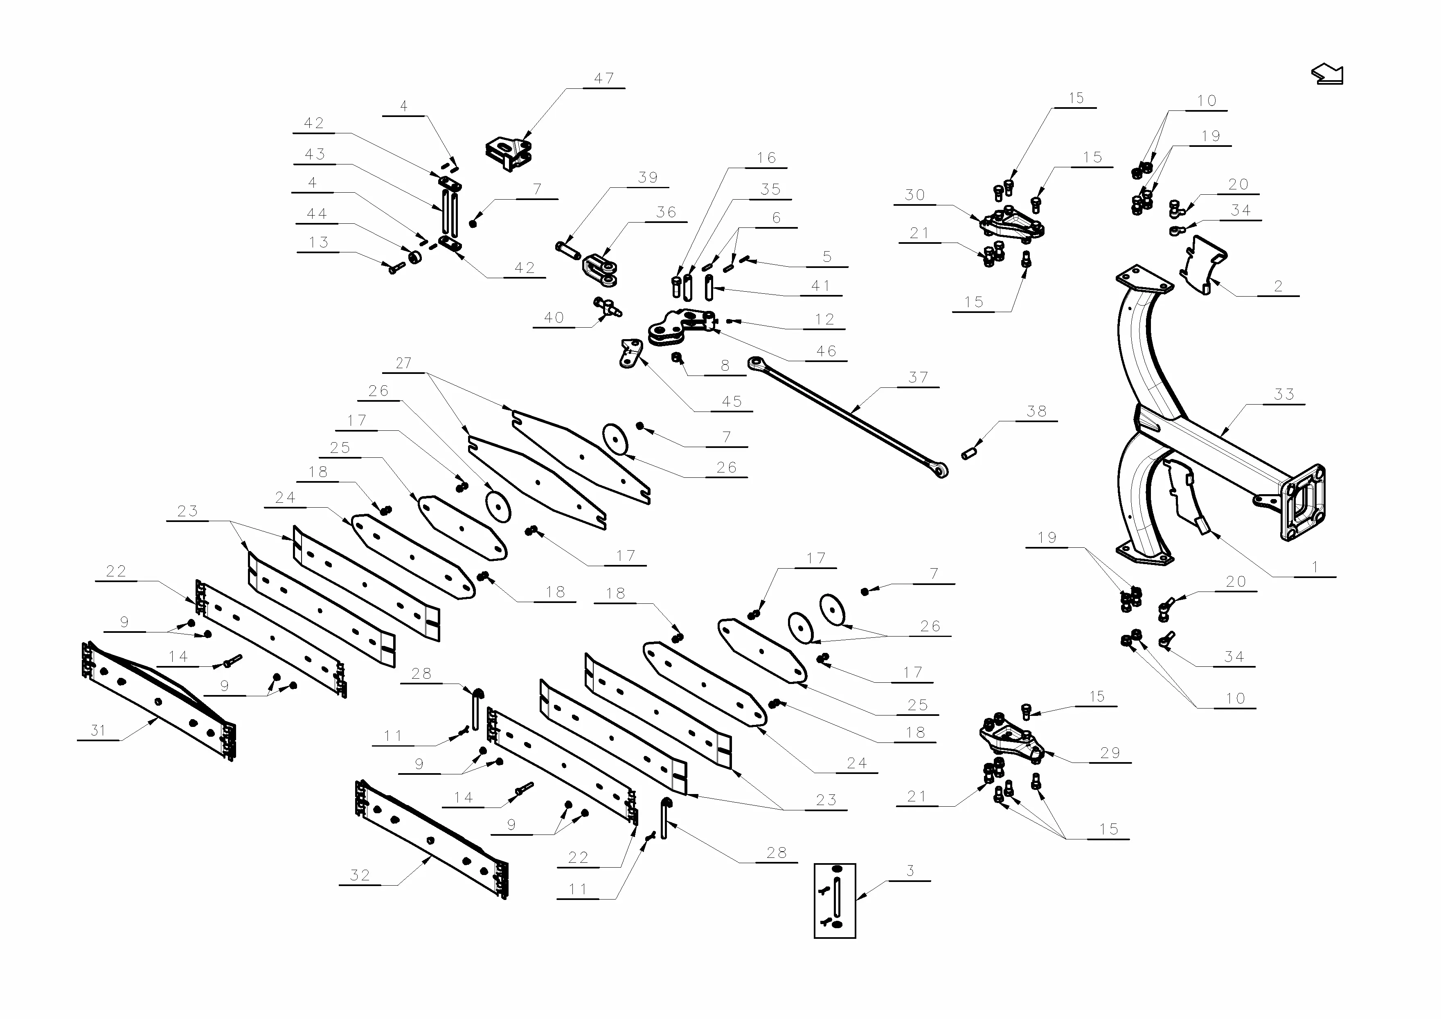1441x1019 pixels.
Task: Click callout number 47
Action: pyautogui.click(x=604, y=79)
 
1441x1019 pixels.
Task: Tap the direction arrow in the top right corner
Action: pyautogui.click(x=1327, y=74)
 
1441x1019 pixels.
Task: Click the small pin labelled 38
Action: pyautogui.click(x=970, y=452)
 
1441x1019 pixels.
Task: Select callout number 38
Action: pyautogui.click(x=1036, y=412)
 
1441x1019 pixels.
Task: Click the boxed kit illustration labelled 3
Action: pyautogui.click(x=834, y=900)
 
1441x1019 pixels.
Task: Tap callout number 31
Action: pyautogui.click(x=98, y=730)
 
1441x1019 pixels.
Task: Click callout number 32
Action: pyautogui.click(x=360, y=875)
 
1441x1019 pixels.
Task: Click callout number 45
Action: pyautogui.click(x=732, y=402)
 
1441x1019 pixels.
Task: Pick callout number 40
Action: pyautogui.click(x=554, y=318)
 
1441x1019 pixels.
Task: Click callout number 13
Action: pyautogui.click(x=318, y=242)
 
